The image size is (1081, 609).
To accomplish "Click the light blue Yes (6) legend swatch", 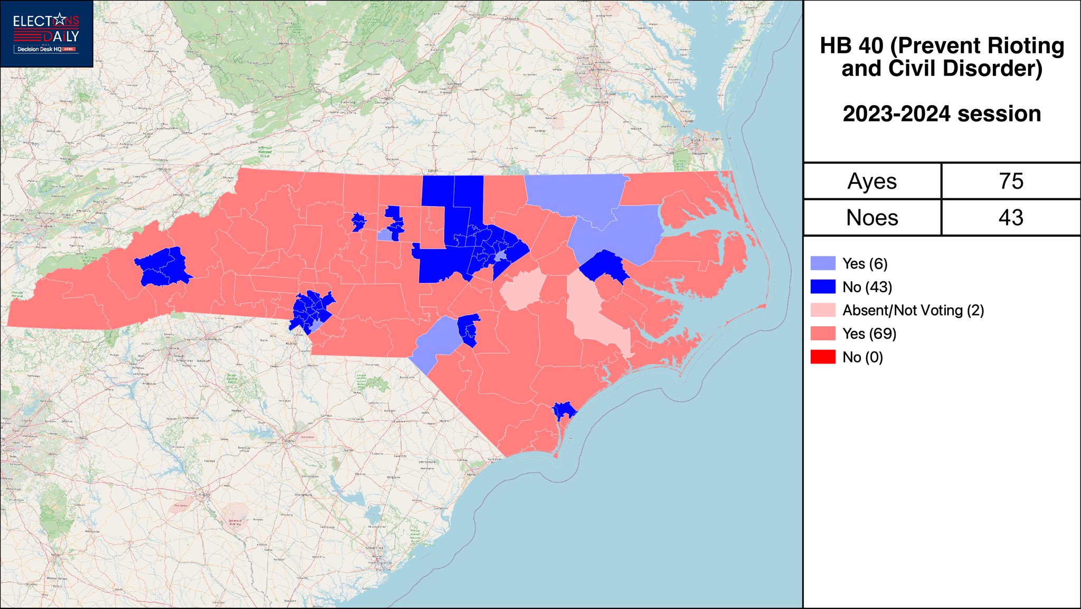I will point(823,263).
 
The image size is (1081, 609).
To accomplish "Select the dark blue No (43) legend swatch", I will point(823,287).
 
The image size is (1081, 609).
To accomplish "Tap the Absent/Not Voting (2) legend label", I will point(913,311).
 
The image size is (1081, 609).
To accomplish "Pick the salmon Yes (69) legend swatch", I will point(823,334).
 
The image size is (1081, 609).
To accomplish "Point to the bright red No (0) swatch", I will point(823,357).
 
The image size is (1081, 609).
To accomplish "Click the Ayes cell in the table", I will point(872,181).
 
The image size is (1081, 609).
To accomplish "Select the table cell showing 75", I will point(1011,181).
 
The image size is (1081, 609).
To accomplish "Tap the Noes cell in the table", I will point(872,218).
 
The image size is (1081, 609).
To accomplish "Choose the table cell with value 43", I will point(1011,218).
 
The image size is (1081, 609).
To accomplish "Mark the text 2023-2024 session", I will point(942,114).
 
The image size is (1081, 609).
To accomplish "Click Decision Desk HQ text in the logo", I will point(40,49).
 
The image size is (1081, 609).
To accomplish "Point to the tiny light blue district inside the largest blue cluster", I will point(500,257).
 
